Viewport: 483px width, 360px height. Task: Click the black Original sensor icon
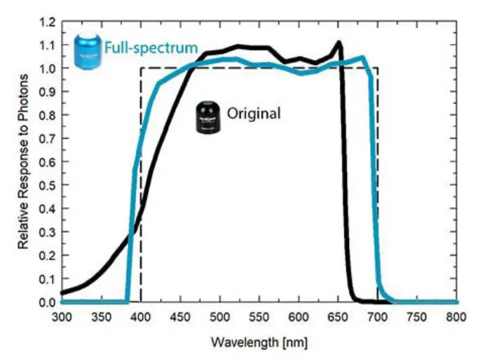207,117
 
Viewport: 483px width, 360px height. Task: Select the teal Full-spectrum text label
151,50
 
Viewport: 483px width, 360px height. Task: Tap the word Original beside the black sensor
253,113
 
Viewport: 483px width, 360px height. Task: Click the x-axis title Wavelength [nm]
259,344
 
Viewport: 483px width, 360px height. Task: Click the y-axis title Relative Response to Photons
23,165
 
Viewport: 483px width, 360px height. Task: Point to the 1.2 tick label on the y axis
47,22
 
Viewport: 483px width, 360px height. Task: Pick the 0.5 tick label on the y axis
47,186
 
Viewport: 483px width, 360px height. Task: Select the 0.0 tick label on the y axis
47,302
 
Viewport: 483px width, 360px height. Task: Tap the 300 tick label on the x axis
61,316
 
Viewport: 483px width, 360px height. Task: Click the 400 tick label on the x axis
140,316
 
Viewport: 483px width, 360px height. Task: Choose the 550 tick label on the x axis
259,316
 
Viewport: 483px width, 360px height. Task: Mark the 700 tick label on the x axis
378,316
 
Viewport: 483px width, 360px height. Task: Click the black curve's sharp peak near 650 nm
339,42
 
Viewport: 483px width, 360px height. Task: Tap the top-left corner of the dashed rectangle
141,68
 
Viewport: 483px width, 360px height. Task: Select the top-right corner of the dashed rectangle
378,68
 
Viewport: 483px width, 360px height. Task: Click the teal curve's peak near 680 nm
362,57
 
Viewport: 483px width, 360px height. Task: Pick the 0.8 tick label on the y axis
47,115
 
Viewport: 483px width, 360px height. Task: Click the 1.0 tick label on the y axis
47,68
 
